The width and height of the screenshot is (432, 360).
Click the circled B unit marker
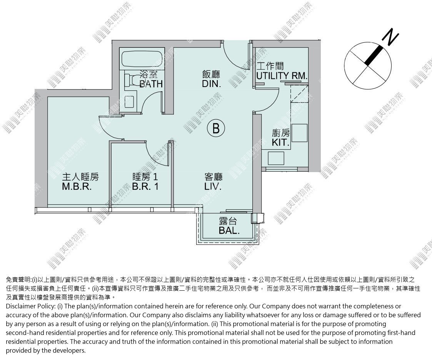[216, 128]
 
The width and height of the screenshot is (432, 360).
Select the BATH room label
[151, 84]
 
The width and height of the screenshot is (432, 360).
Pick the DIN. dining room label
[211, 84]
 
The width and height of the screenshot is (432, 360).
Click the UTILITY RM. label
[282, 75]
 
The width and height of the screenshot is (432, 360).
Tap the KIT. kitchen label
[280, 142]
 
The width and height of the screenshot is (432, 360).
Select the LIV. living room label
[213, 186]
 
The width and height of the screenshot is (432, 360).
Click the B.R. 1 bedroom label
[145, 186]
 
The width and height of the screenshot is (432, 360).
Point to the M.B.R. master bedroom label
[77, 186]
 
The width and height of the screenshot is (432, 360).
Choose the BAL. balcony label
[229, 231]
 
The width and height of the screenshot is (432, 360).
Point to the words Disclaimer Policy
[31, 306]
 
